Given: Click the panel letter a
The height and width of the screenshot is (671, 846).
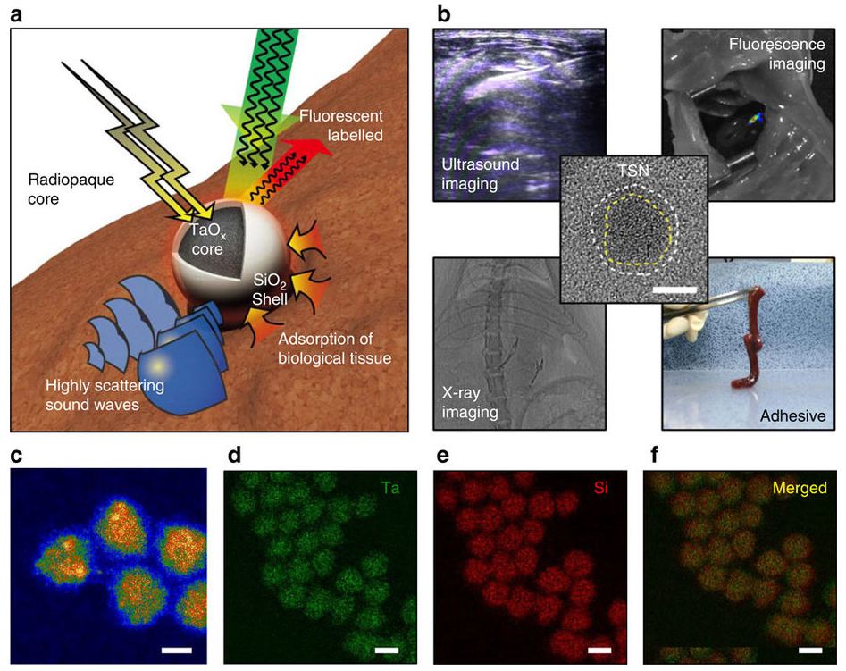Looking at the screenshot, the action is click(17, 14).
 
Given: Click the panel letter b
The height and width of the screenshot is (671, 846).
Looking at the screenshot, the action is click(443, 13).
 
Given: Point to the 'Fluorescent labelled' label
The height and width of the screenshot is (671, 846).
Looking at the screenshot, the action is click(341, 125).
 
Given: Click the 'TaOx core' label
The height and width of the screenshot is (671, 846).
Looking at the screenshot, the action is click(208, 240).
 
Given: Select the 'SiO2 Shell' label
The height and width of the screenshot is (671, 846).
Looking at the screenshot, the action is click(270, 289).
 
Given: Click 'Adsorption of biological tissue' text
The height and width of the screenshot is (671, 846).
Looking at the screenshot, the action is click(334, 348).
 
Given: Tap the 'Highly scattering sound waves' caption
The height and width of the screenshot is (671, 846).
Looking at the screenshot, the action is click(105, 395).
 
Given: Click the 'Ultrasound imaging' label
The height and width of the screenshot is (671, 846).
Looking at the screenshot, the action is click(481, 174).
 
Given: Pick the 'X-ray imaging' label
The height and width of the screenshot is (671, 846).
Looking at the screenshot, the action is click(469, 403).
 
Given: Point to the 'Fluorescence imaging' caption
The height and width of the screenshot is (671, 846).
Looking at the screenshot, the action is click(777, 54).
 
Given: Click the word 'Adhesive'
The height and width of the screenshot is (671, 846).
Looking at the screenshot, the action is click(792, 415).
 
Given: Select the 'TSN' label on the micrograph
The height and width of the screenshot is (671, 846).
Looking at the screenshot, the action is click(633, 171).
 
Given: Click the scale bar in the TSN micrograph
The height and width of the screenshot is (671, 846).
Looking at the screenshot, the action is click(674, 289).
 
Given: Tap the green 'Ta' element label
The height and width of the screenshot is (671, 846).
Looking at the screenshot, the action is click(390, 488).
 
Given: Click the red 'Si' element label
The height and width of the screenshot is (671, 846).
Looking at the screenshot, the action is click(600, 488).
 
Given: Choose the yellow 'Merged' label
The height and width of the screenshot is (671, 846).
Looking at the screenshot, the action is click(800, 488).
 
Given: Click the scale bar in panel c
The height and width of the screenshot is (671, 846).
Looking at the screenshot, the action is click(176, 650).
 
